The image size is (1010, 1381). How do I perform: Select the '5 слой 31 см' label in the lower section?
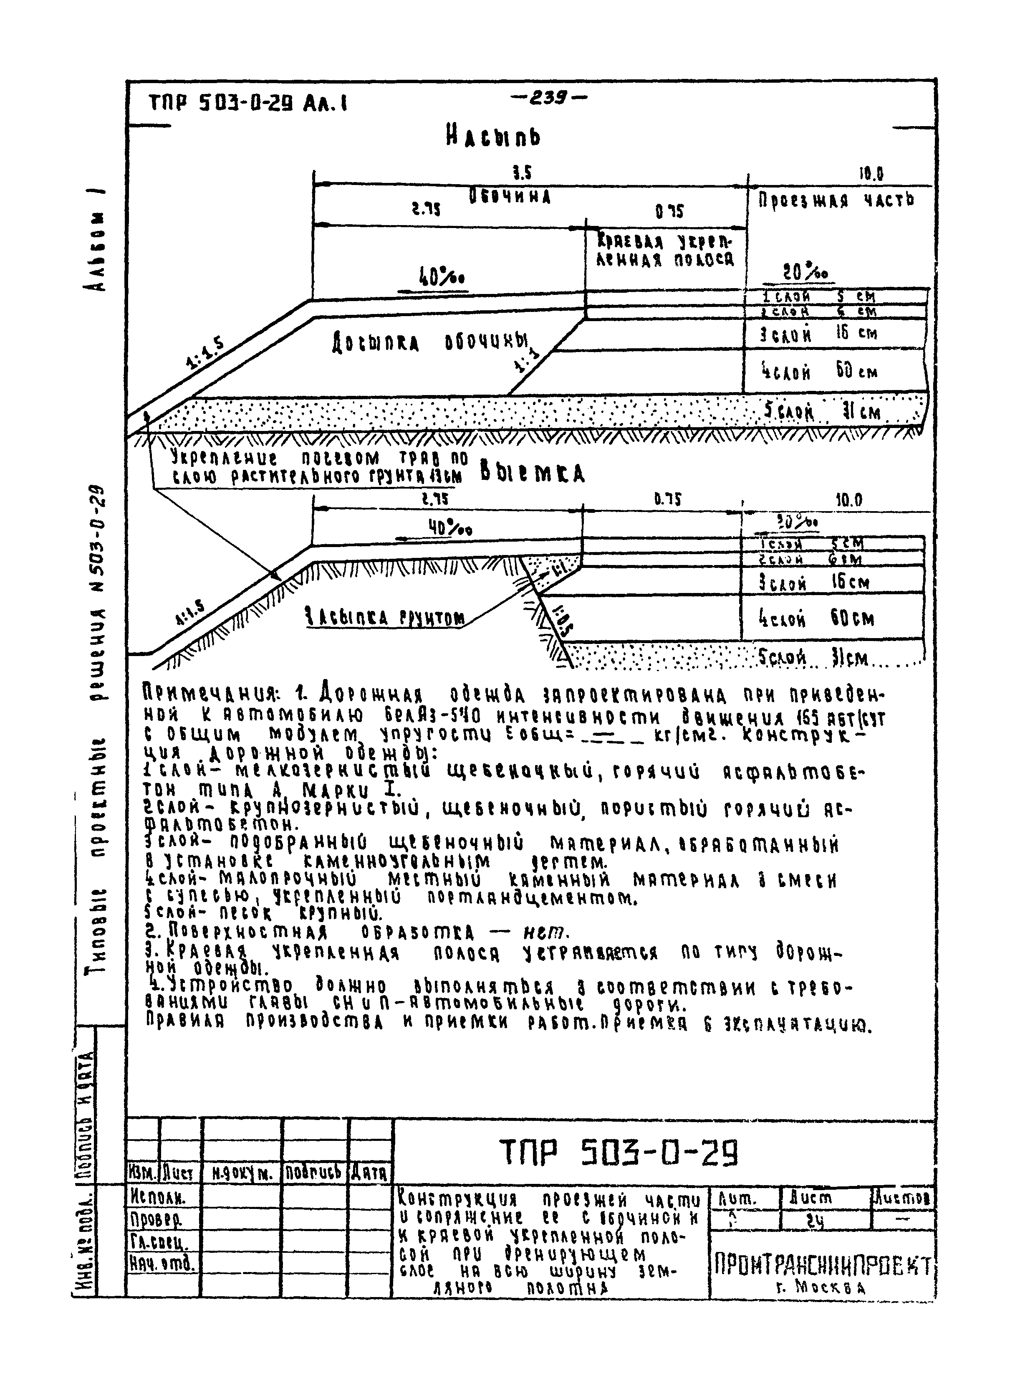813,659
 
